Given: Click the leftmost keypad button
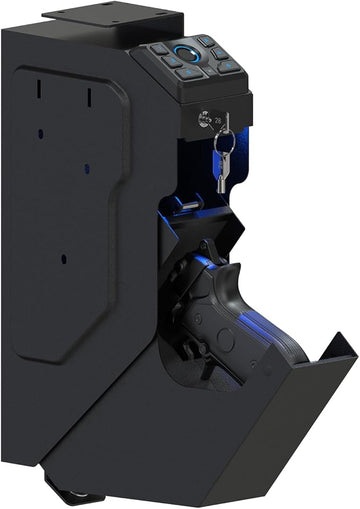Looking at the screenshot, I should (x=159, y=48).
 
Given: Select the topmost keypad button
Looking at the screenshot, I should (x=205, y=41).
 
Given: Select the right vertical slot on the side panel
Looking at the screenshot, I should (x=89, y=95).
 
